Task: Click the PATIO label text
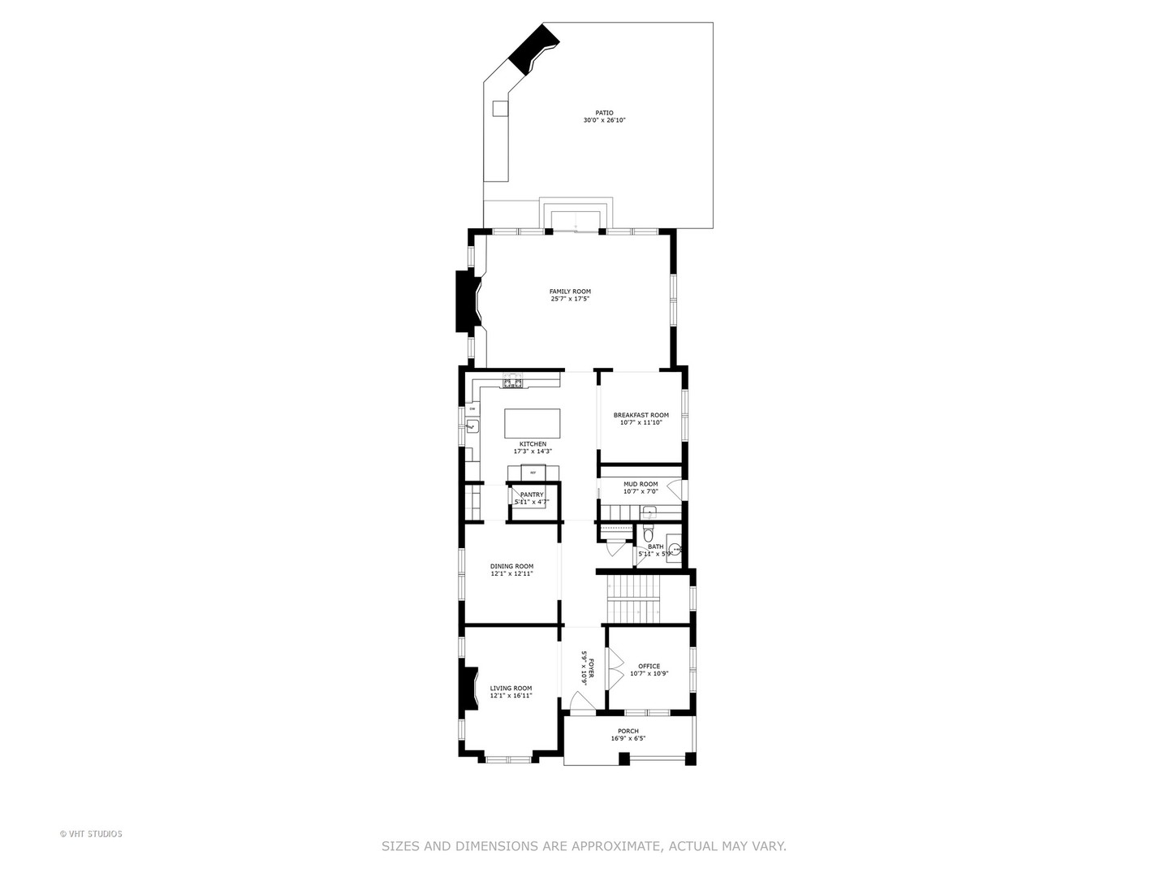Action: click(x=604, y=113)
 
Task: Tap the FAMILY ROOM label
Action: click(x=570, y=292)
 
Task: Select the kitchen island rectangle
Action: click(x=533, y=423)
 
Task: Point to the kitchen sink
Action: click(x=472, y=426)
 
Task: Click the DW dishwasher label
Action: click(x=472, y=408)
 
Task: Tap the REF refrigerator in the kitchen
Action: click(x=533, y=472)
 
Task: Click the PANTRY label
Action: click(x=532, y=495)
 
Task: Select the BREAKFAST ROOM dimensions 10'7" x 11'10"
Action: click(x=641, y=422)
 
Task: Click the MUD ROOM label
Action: click(x=641, y=484)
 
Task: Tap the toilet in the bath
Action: click(x=648, y=534)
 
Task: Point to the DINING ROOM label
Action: click(x=511, y=566)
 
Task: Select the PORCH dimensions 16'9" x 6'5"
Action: click(x=628, y=739)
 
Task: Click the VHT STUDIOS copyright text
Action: click(x=91, y=833)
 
